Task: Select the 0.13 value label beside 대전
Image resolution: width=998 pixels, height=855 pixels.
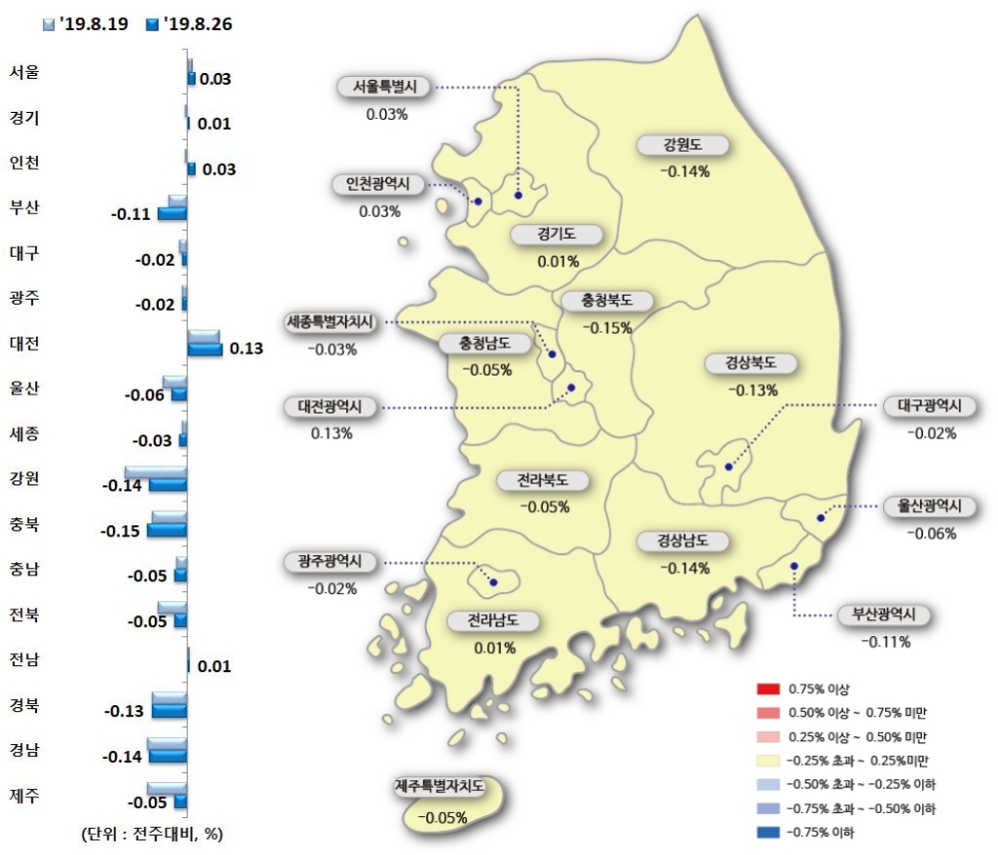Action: [246, 349]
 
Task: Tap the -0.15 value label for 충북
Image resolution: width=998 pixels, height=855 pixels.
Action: [122, 529]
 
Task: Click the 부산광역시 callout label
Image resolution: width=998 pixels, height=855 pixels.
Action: [884, 615]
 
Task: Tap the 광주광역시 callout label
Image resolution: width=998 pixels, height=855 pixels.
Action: [329, 562]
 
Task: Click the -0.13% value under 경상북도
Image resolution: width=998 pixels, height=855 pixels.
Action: [753, 391]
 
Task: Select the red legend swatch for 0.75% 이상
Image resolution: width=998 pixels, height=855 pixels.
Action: [767, 689]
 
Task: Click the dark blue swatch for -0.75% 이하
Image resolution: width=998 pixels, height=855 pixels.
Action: [767, 831]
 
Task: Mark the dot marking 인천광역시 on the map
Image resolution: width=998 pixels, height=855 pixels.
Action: [477, 202]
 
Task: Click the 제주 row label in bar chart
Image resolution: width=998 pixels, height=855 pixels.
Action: [24, 796]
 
